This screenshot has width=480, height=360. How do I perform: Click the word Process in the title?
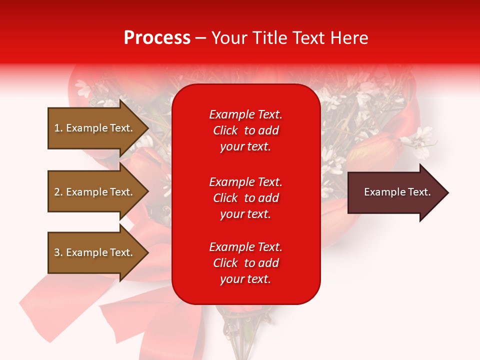(157, 38)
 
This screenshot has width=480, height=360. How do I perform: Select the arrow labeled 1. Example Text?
(95, 128)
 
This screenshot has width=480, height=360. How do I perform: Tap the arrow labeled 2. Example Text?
(95, 192)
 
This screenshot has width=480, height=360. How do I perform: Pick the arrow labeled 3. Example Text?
(95, 252)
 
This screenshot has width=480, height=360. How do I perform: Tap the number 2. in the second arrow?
(58, 192)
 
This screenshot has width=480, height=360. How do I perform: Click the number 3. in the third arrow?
(58, 252)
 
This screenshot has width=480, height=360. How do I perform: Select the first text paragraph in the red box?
(245, 130)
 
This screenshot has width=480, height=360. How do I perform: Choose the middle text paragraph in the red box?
(245, 198)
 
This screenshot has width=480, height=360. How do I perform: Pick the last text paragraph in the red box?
(245, 263)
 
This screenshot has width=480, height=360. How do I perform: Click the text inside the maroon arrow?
(397, 192)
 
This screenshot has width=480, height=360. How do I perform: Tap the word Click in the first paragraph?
(225, 130)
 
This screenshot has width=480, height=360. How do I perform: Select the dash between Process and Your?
(200, 38)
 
